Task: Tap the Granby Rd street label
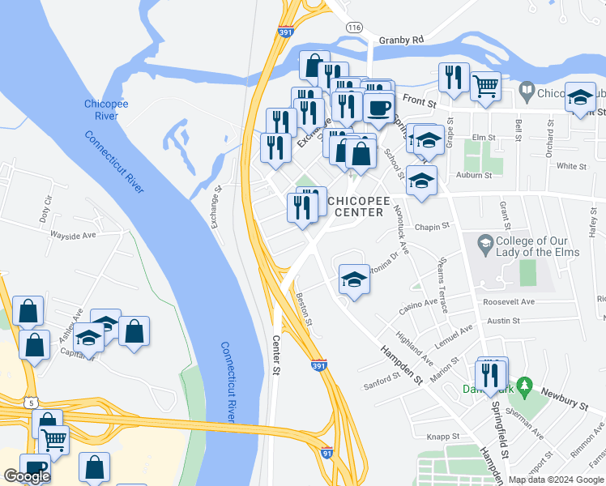pos(401,39)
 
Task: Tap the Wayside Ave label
pos(74,235)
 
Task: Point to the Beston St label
pos(305,309)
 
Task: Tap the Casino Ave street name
pos(420,308)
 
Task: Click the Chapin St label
pos(432,228)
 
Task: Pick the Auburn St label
pos(474,175)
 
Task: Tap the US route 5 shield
pos(31,402)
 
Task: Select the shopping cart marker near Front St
pos(485,84)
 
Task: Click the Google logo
pos(27,476)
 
